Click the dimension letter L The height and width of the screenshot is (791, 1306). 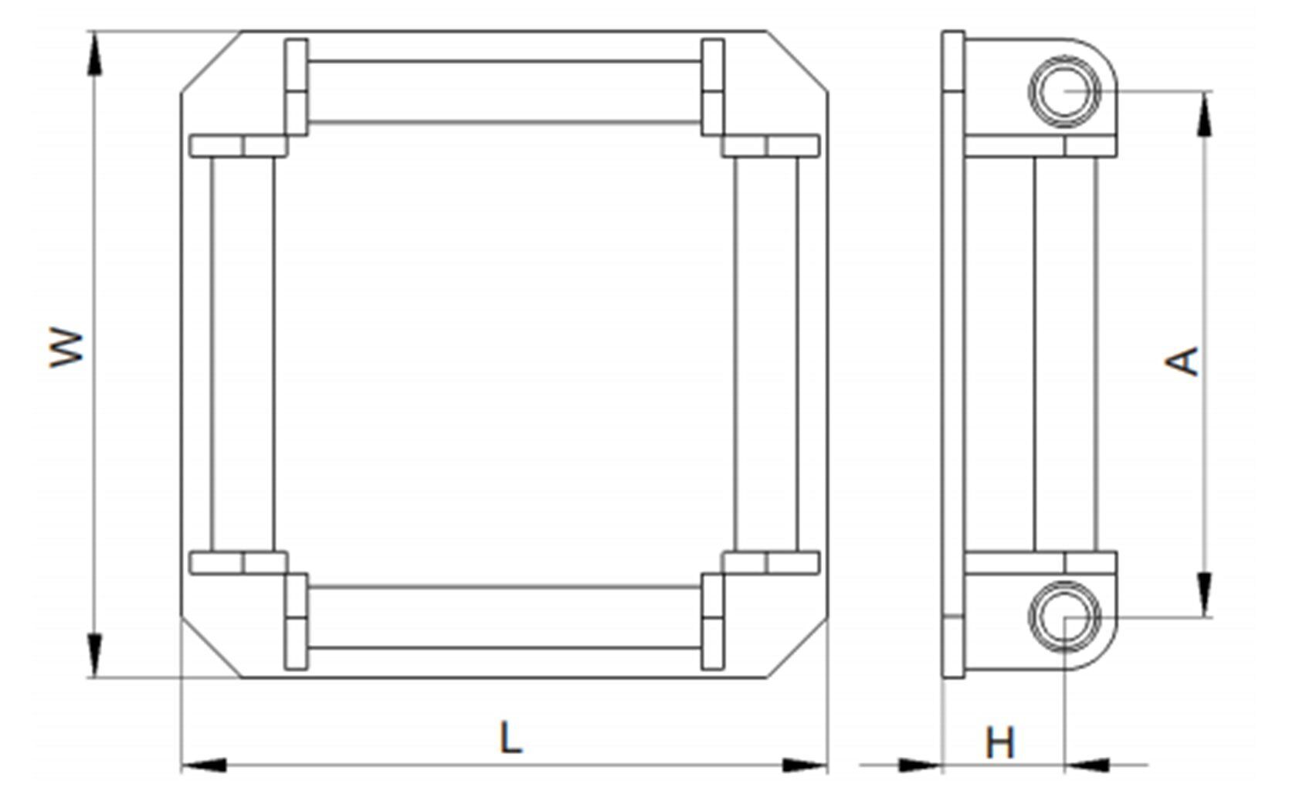coord(511,738)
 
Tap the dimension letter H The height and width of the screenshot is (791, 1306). coord(1000,742)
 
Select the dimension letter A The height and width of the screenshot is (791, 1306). coord(1182,361)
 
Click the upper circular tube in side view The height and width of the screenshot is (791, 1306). coord(1064,90)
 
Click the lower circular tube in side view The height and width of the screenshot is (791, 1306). coord(1064,616)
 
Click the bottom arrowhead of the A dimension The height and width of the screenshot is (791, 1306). coord(1204,593)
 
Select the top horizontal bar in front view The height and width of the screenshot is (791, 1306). coord(504,91)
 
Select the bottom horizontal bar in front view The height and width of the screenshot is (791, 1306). coord(504,616)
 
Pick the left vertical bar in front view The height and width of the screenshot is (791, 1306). coord(242,354)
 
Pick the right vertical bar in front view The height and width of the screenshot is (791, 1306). coord(766,354)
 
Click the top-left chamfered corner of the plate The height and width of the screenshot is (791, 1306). coord(210,62)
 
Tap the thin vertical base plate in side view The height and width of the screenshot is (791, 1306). coord(953,354)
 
